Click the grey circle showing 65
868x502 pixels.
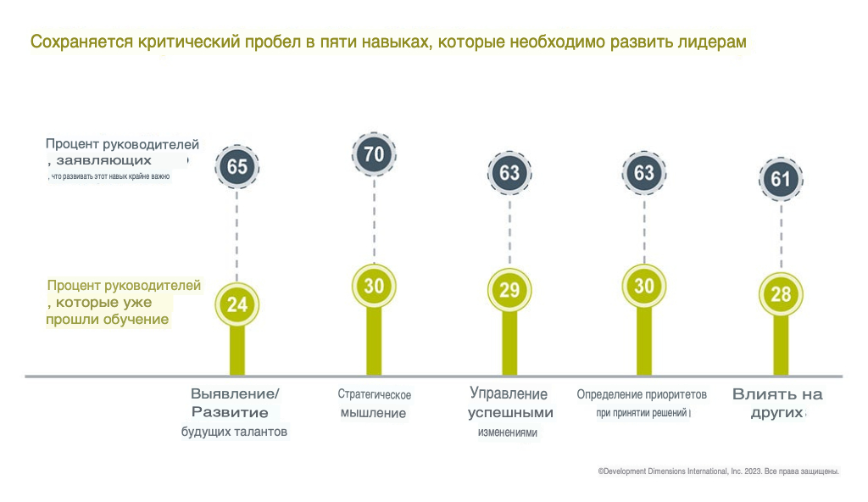pos(237,167)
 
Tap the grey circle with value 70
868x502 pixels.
pos(374,154)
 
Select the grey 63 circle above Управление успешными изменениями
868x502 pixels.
pos(509,173)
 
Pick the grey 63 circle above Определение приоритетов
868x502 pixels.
pos(644,173)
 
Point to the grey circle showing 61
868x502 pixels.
pos(781,179)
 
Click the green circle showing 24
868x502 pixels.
pos(237,304)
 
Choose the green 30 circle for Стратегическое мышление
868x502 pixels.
pos(374,287)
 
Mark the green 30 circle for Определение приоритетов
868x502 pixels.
pos(644,287)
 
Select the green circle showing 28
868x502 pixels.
pos(781,294)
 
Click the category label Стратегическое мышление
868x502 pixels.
pos(374,404)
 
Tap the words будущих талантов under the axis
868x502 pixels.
pos(235,432)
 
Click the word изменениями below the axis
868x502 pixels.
pos(508,432)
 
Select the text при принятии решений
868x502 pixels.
pos(642,413)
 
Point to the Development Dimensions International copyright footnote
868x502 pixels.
pos(718,471)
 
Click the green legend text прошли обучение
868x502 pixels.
pos(108,319)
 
